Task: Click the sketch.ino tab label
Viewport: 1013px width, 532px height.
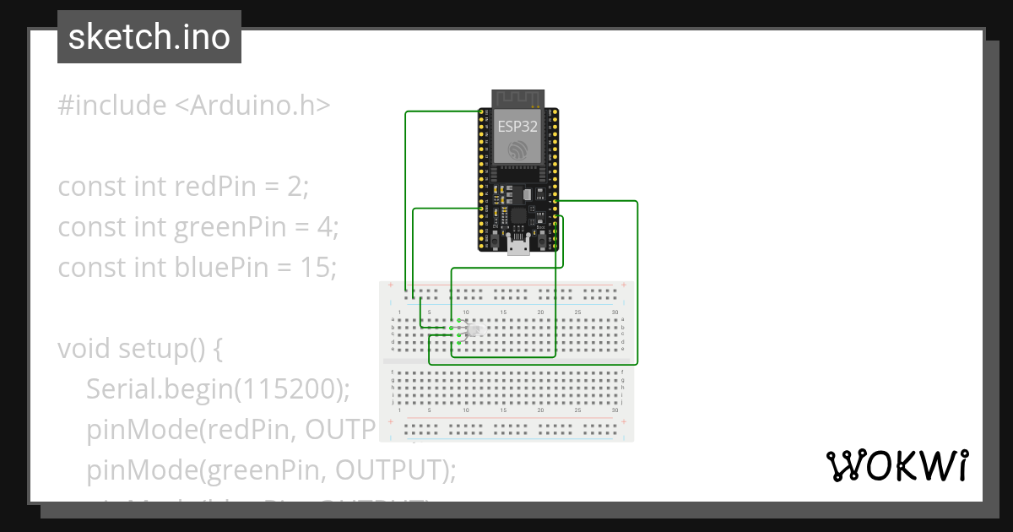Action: pyautogui.click(x=149, y=37)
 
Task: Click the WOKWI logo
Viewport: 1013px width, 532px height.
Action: pyautogui.click(x=897, y=465)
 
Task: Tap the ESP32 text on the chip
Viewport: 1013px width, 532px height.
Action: pyautogui.click(x=517, y=127)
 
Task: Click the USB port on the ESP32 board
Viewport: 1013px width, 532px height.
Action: pyautogui.click(x=517, y=247)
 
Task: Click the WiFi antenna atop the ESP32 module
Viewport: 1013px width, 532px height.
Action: pyautogui.click(x=517, y=98)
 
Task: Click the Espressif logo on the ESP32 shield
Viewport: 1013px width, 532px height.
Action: pyautogui.click(x=517, y=149)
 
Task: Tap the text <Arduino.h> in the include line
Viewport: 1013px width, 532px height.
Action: pyautogui.click(x=252, y=106)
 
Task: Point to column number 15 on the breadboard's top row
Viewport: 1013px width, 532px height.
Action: pyautogui.click(x=503, y=312)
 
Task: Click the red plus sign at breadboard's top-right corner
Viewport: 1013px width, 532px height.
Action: pyautogui.click(x=623, y=285)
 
